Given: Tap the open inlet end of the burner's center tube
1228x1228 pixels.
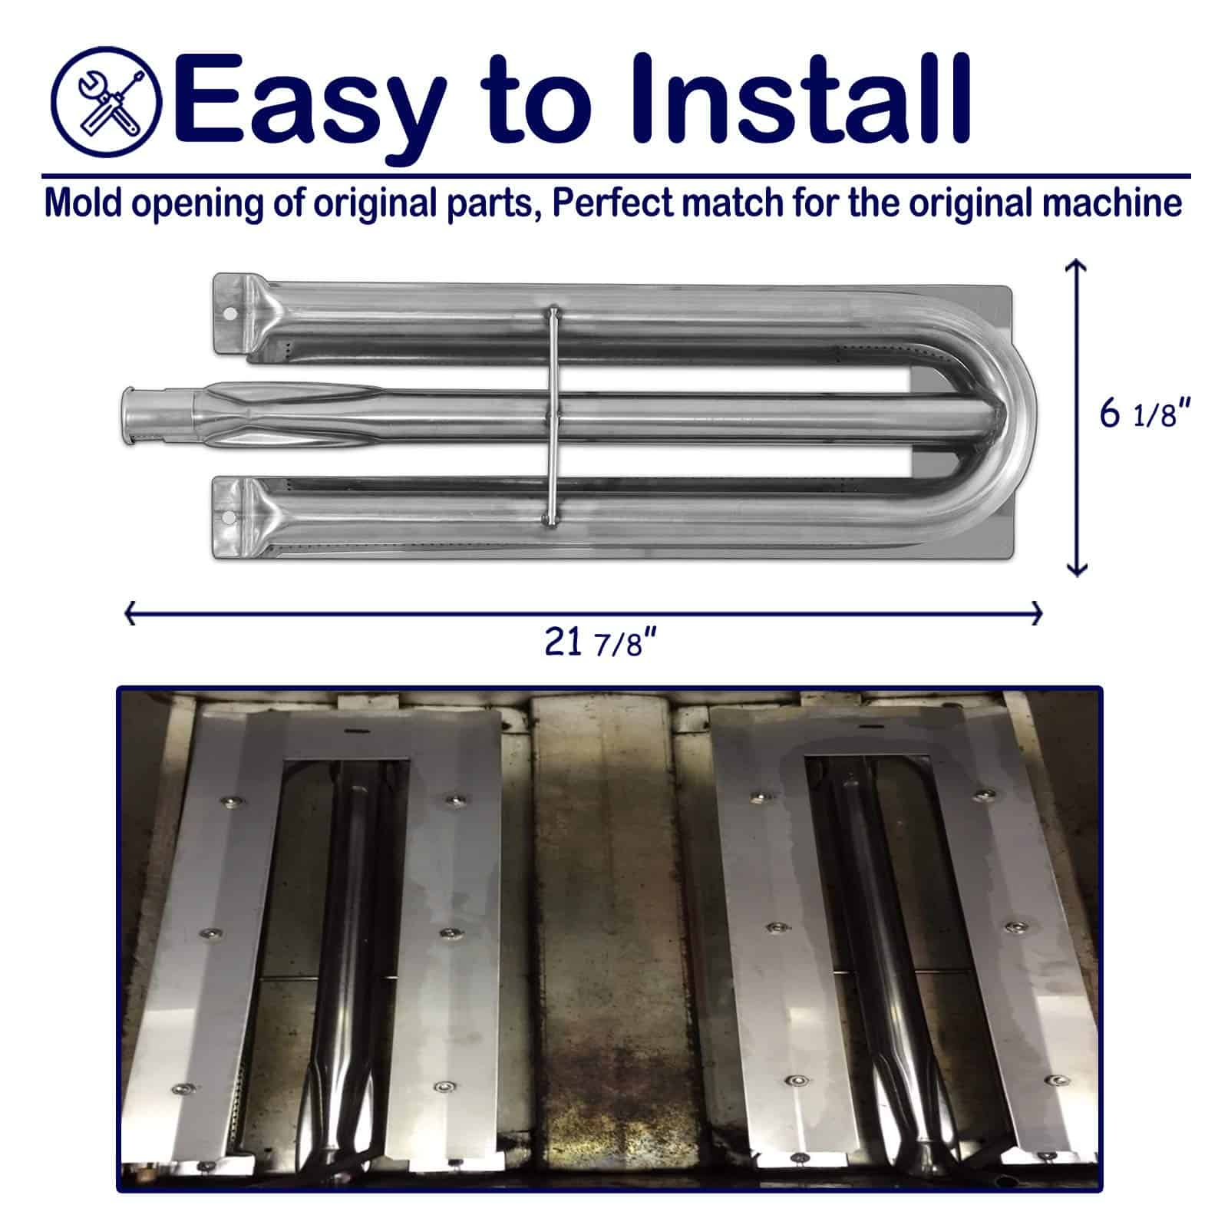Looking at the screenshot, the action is pos(127,415).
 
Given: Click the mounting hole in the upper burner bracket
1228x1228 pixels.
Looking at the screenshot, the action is pos(229,313).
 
